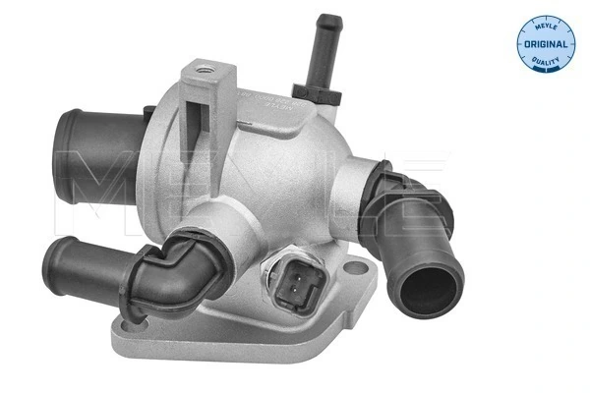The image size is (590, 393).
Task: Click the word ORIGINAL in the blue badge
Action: (x=545, y=45)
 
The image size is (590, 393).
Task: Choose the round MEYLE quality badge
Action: (x=545, y=44)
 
